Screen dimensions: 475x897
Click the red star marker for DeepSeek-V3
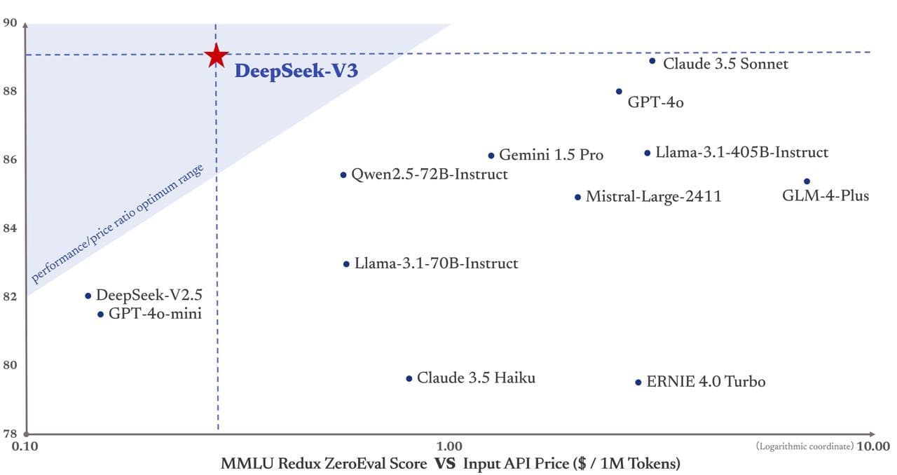217,55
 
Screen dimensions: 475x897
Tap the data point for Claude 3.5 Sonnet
652,61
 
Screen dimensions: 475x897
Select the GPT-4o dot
619,91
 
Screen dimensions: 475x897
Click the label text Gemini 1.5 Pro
551,156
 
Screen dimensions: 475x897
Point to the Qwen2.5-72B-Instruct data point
343,174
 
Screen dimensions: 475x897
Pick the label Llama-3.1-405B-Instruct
741,152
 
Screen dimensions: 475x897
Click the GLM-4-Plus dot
807,181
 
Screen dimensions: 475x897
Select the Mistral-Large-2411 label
653,197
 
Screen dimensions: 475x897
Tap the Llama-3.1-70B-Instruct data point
346,264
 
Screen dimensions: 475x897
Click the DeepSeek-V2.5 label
148,295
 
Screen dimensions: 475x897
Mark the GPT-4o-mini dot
100,315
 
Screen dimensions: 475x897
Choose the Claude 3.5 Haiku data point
409,378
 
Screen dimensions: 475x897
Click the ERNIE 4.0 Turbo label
706,382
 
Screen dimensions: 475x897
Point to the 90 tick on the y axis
10,22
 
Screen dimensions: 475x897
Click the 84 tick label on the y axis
10,228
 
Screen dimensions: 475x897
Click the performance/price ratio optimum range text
117,223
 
